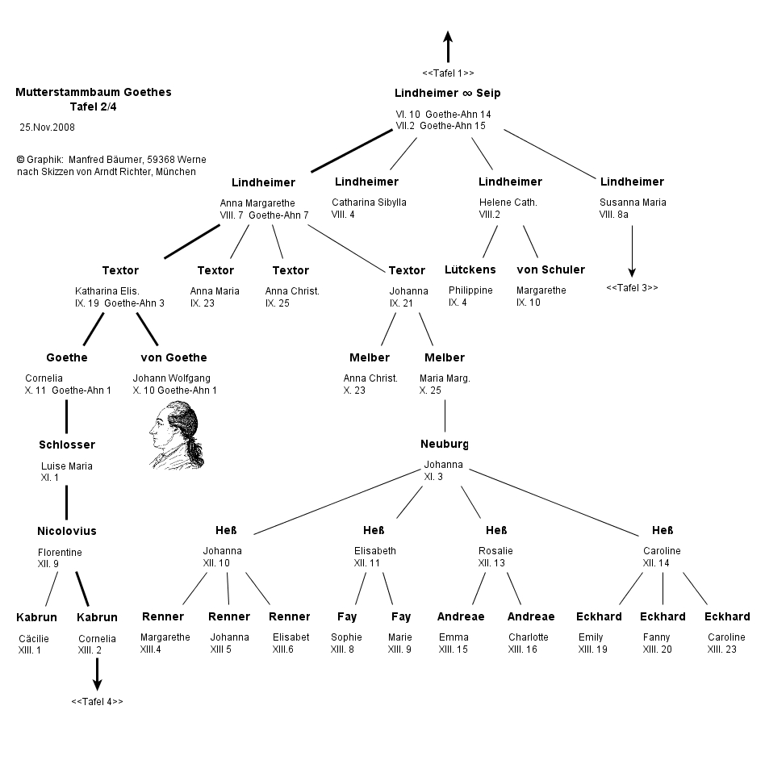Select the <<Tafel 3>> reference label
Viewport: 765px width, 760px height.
(632, 287)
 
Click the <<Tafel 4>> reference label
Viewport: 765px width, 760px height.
(97, 701)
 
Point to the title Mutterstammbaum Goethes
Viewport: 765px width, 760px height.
(94, 92)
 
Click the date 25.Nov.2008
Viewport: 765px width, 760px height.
(47, 127)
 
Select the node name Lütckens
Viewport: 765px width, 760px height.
(470, 269)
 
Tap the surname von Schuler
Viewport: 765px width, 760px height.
(550, 269)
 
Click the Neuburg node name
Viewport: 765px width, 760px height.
(445, 445)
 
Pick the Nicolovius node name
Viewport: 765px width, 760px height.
(67, 531)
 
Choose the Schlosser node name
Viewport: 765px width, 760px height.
(67, 445)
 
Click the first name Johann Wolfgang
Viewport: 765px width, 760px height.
(166, 378)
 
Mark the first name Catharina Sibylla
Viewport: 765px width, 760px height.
(369, 202)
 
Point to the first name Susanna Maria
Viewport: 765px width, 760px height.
(633, 202)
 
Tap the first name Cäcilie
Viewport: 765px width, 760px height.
(33, 637)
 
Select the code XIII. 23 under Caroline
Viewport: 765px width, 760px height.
(722, 649)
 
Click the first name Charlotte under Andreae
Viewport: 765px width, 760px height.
(528, 637)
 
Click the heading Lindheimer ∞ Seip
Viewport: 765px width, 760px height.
(448, 94)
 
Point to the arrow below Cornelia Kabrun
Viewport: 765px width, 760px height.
(97, 674)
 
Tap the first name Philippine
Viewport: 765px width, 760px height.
(470, 290)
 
